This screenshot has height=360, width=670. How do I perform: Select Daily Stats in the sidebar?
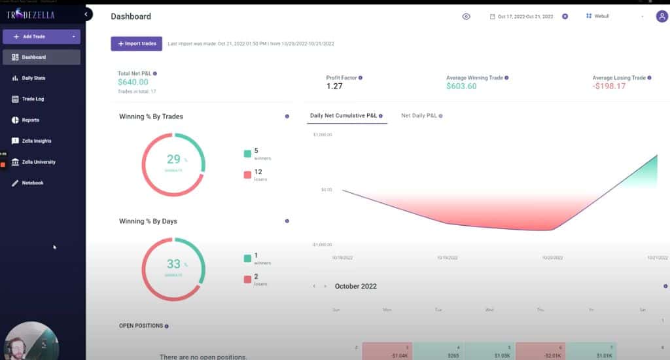(x=33, y=78)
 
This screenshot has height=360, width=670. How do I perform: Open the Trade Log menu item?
(x=33, y=99)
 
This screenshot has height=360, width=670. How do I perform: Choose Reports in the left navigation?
(x=30, y=120)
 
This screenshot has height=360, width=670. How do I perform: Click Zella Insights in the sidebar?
(x=36, y=141)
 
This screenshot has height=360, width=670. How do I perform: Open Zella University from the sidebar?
(x=38, y=162)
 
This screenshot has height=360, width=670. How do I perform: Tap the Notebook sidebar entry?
(x=32, y=183)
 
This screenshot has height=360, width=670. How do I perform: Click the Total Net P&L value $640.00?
(x=133, y=82)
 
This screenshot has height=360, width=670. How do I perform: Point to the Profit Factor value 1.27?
(x=334, y=86)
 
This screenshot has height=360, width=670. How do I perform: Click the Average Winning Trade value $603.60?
(x=461, y=86)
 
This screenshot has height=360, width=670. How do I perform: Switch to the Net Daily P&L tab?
(x=419, y=116)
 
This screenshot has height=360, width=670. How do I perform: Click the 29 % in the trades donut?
(x=173, y=160)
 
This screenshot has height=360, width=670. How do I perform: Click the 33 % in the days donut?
(x=173, y=264)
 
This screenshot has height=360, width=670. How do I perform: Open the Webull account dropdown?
(x=615, y=16)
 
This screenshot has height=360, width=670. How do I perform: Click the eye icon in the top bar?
(x=467, y=16)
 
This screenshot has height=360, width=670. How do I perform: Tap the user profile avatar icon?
(x=661, y=16)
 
